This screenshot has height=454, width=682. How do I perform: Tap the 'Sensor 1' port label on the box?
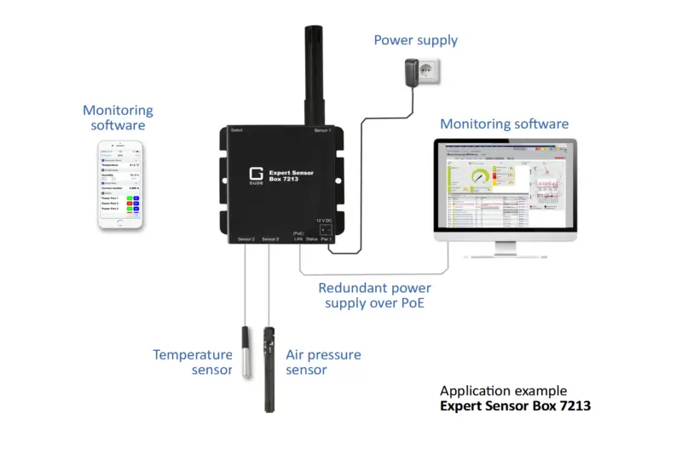tap(321, 130)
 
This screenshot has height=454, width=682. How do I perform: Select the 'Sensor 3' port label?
tap(270, 239)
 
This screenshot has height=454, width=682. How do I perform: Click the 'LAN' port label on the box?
tap(298, 239)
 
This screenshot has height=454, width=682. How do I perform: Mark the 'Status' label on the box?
tap(313, 239)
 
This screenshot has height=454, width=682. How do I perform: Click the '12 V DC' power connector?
tap(326, 227)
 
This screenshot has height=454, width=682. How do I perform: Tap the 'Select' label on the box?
tap(237, 130)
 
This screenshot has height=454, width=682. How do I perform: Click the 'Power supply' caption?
tap(416, 40)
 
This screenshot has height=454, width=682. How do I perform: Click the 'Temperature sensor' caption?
tap(192, 362)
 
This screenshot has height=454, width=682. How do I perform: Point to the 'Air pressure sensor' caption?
tap(322, 362)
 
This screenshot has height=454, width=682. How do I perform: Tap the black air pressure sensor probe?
tap(269, 366)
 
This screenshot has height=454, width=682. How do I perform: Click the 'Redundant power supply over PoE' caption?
tap(374, 295)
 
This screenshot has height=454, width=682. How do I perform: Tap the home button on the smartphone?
tap(118, 225)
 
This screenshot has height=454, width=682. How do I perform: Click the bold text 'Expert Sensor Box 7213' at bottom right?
tap(515, 405)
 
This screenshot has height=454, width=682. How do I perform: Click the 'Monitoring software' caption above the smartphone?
tap(118, 118)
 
